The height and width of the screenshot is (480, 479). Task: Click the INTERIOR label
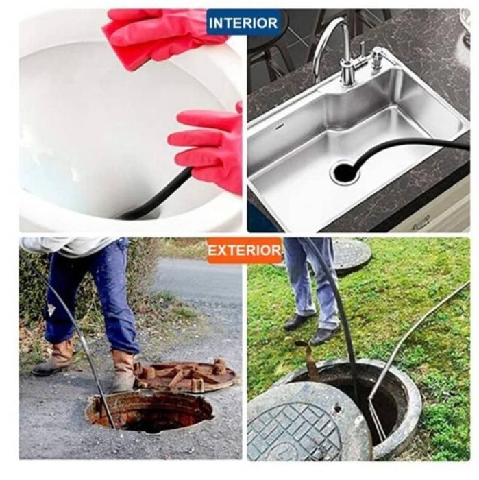click(243, 23)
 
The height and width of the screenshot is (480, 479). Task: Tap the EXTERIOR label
click(245, 251)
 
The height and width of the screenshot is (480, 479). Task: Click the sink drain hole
click(344, 172)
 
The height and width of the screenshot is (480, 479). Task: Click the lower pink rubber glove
click(210, 147)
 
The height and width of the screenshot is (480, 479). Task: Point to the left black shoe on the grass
click(298, 322)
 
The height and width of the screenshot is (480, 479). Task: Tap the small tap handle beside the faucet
click(376, 58)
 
